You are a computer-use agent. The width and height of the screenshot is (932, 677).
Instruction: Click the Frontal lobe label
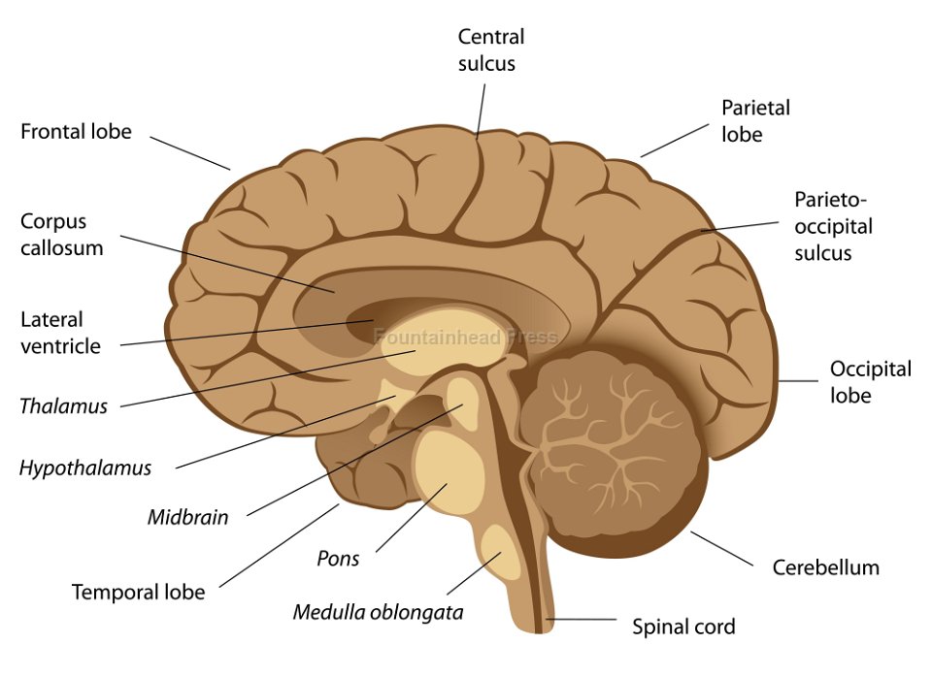click(76, 131)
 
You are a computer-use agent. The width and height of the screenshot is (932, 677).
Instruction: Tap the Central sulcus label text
click(491, 50)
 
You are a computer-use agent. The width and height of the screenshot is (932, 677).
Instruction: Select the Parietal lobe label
click(755, 120)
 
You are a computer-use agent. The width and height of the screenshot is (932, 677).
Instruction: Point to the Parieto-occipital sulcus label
click(833, 226)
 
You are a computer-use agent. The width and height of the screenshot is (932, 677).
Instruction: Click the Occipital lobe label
click(870, 382)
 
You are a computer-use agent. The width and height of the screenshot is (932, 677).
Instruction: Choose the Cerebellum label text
click(825, 567)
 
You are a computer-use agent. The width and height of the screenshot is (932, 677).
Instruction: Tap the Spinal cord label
click(683, 627)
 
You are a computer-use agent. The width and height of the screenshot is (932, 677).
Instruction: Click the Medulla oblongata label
click(378, 612)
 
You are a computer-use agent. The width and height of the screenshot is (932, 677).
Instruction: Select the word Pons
click(338, 559)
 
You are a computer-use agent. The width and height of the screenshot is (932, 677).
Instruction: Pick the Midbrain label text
click(187, 517)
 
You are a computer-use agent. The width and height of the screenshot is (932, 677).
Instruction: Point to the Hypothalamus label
click(85, 468)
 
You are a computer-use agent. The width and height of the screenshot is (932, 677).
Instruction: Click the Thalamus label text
click(63, 406)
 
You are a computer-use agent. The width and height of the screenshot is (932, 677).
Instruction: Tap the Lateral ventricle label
click(60, 332)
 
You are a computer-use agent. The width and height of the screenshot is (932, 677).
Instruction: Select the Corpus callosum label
click(61, 234)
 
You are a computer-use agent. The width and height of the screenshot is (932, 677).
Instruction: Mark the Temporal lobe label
click(138, 592)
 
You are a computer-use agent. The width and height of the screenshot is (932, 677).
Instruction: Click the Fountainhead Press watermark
click(466, 338)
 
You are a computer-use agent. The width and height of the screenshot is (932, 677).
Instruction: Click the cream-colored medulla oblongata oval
click(501, 551)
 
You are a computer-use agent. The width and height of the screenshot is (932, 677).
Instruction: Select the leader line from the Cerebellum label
click(721, 549)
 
